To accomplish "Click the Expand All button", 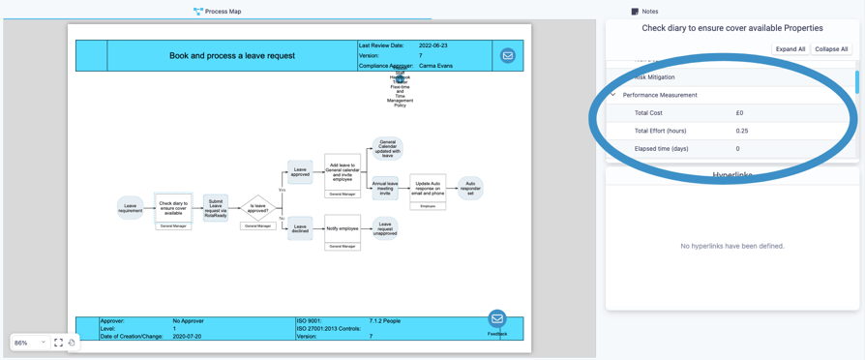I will coord(790,49).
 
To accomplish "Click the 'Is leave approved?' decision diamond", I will coord(257,205).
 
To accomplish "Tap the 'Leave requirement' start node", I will coord(131,207).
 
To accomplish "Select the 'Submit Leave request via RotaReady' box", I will coord(215,207).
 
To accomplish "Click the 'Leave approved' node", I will coord(300,172).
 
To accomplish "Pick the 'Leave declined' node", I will coord(300,228).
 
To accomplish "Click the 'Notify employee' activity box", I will coord(343,228).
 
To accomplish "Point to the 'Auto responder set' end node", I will coord(470,187).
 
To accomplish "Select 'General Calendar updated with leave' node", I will coord(387,148).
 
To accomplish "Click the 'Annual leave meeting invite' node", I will coord(385,188).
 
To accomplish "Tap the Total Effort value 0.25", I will coord(742,131).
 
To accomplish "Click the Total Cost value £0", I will coord(739,113).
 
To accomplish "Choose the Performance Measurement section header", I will coord(660,95).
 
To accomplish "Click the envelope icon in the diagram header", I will coord(507,56).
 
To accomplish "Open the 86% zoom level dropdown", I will coord(30,343).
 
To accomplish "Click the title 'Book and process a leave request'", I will coord(232,56).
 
